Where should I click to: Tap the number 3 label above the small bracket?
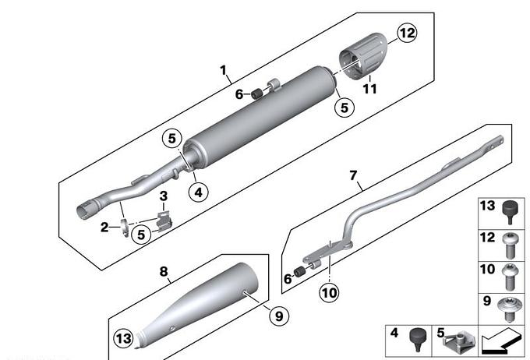click(x=163, y=195)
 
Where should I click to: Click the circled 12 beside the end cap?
click(x=406, y=34)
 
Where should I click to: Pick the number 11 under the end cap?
click(x=369, y=89)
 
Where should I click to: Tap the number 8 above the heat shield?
click(x=164, y=271)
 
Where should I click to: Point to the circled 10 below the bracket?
click(x=330, y=294)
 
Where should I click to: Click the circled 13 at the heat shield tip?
click(x=123, y=338)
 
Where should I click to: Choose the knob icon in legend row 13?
click(x=508, y=210)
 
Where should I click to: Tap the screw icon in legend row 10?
click(x=508, y=272)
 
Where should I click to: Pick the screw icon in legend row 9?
click(x=508, y=305)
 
